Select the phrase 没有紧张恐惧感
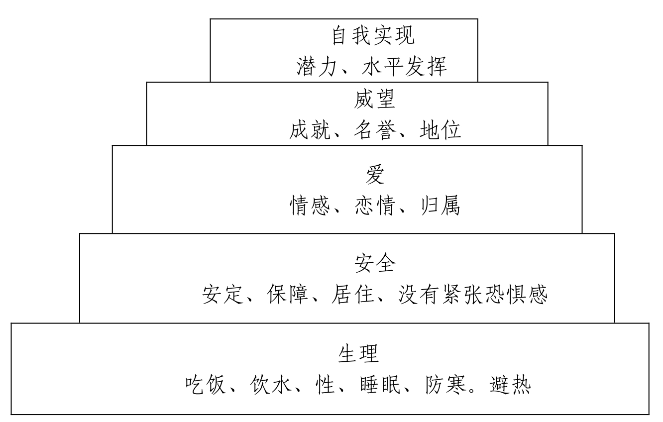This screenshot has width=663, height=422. click(x=473, y=295)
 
